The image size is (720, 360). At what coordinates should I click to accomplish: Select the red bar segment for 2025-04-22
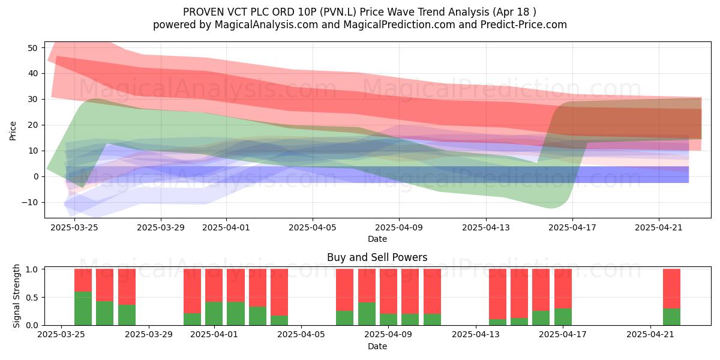pyautogui.click(x=672, y=289)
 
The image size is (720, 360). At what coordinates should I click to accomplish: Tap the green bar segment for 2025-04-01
pyautogui.click(x=214, y=313)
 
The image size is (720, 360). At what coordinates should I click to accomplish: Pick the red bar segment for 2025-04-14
pyautogui.click(x=497, y=294)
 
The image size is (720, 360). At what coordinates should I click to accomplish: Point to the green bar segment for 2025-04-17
pyautogui.click(x=563, y=317)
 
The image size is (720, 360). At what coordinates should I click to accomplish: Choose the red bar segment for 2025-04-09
pyautogui.click(x=388, y=292)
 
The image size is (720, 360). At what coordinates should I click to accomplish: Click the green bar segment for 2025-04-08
pyautogui.click(x=367, y=314)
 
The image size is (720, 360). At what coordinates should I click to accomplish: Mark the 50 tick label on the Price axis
pyautogui.click(x=33, y=48)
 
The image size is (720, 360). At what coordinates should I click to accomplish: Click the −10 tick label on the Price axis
pyautogui.click(x=29, y=203)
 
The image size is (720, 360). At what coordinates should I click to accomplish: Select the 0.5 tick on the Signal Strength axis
pyautogui.click(x=32, y=298)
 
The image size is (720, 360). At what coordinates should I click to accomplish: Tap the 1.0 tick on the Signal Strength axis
pyautogui.click(x=32, y=269)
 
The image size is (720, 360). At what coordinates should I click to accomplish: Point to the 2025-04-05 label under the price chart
pyautogui.click(x=313, y=227)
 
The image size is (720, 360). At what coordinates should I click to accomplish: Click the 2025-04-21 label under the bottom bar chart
pyautogui.click(x=650, y=335)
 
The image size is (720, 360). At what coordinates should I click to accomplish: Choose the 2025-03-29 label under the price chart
pyautogui.click(x=161, y=227)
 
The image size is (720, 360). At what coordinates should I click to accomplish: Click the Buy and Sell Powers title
pyautogui.click(x=377, y=257)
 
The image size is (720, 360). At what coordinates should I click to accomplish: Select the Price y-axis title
pyautogui.click(x=13, y=131)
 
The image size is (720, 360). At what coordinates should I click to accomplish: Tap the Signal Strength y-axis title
pyautogui.click(x=16, y=296)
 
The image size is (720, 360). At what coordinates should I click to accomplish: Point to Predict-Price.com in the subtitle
pyautogui.click(x=524, y=25)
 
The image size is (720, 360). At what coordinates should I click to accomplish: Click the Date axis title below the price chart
pyautogui.click(x=377, y=239)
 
